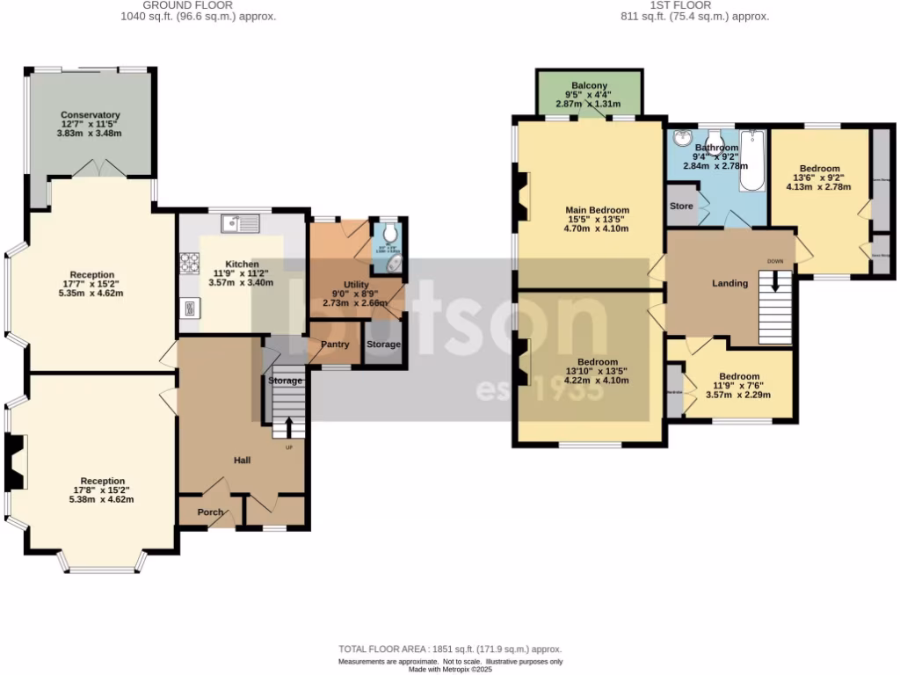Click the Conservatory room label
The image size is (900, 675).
[90, 115]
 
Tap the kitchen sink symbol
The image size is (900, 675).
[239, 224]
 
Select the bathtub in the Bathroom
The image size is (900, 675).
[753, 162]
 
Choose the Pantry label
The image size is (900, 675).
[335, 345]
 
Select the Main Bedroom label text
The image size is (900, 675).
[597, 210]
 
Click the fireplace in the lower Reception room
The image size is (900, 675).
[16, 462]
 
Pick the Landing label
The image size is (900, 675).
[729, 283]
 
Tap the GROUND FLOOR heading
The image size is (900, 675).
[188, 5]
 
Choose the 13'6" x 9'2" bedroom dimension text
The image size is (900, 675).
[818, 178]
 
